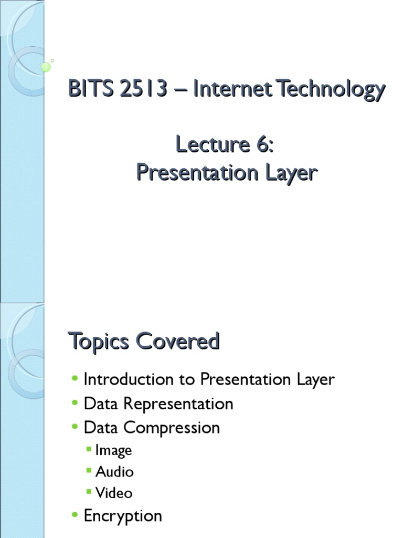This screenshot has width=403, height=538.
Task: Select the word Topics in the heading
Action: click(x=99, y=343)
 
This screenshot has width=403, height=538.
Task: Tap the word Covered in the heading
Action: click(x=178, y=342)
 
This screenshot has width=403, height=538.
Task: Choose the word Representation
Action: click(x=178, y=404)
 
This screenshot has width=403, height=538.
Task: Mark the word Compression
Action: click(x=172, y=428)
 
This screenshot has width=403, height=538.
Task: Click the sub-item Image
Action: click(x=113, y=450)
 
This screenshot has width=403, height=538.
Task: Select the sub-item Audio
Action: click(x=114, y=471)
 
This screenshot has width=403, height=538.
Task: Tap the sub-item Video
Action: click(x=114, y=493)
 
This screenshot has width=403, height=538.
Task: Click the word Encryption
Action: click(x=123, y=515)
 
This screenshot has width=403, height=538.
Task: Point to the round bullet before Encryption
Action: click(x=75, y=515)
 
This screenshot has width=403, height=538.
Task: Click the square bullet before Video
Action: click(x=90, y=493)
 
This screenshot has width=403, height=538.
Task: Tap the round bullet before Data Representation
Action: click(x=75, y=403)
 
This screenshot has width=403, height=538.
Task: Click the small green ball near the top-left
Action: click(x=46, y=67)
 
